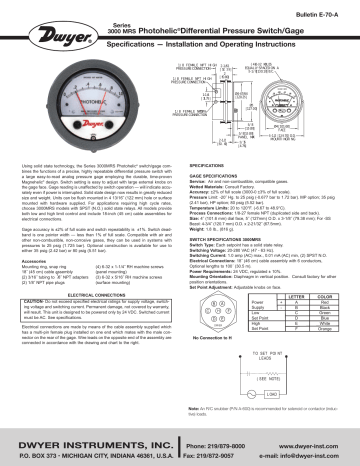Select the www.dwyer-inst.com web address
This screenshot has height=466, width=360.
[x=311, y=440]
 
